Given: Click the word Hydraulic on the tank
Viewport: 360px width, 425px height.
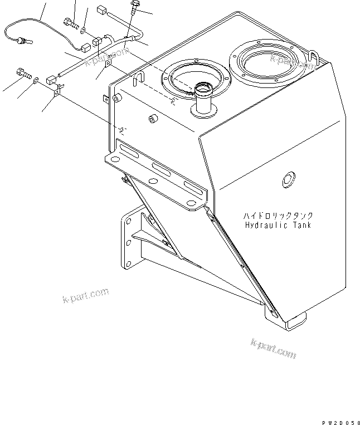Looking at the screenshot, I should coord(265,225).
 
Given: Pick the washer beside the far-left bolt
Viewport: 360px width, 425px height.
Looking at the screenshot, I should coord(36,81).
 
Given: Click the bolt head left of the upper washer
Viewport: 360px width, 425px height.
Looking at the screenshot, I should coord(68,23).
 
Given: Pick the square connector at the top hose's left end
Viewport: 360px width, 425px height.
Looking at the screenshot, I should coord(101,9).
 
